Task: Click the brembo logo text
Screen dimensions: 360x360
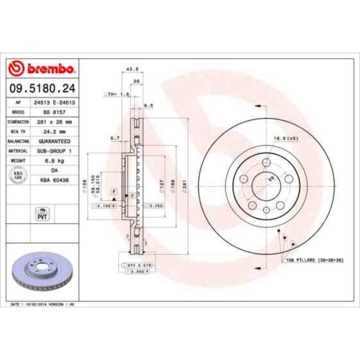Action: (49, 69)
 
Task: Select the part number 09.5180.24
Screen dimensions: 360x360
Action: (43, 88)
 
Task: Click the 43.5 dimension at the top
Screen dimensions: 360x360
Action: (132, 69)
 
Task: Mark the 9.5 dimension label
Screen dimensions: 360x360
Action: (148, 104)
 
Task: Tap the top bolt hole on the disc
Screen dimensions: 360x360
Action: (265, 162)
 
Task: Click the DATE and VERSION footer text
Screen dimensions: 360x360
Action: (43, 304)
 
